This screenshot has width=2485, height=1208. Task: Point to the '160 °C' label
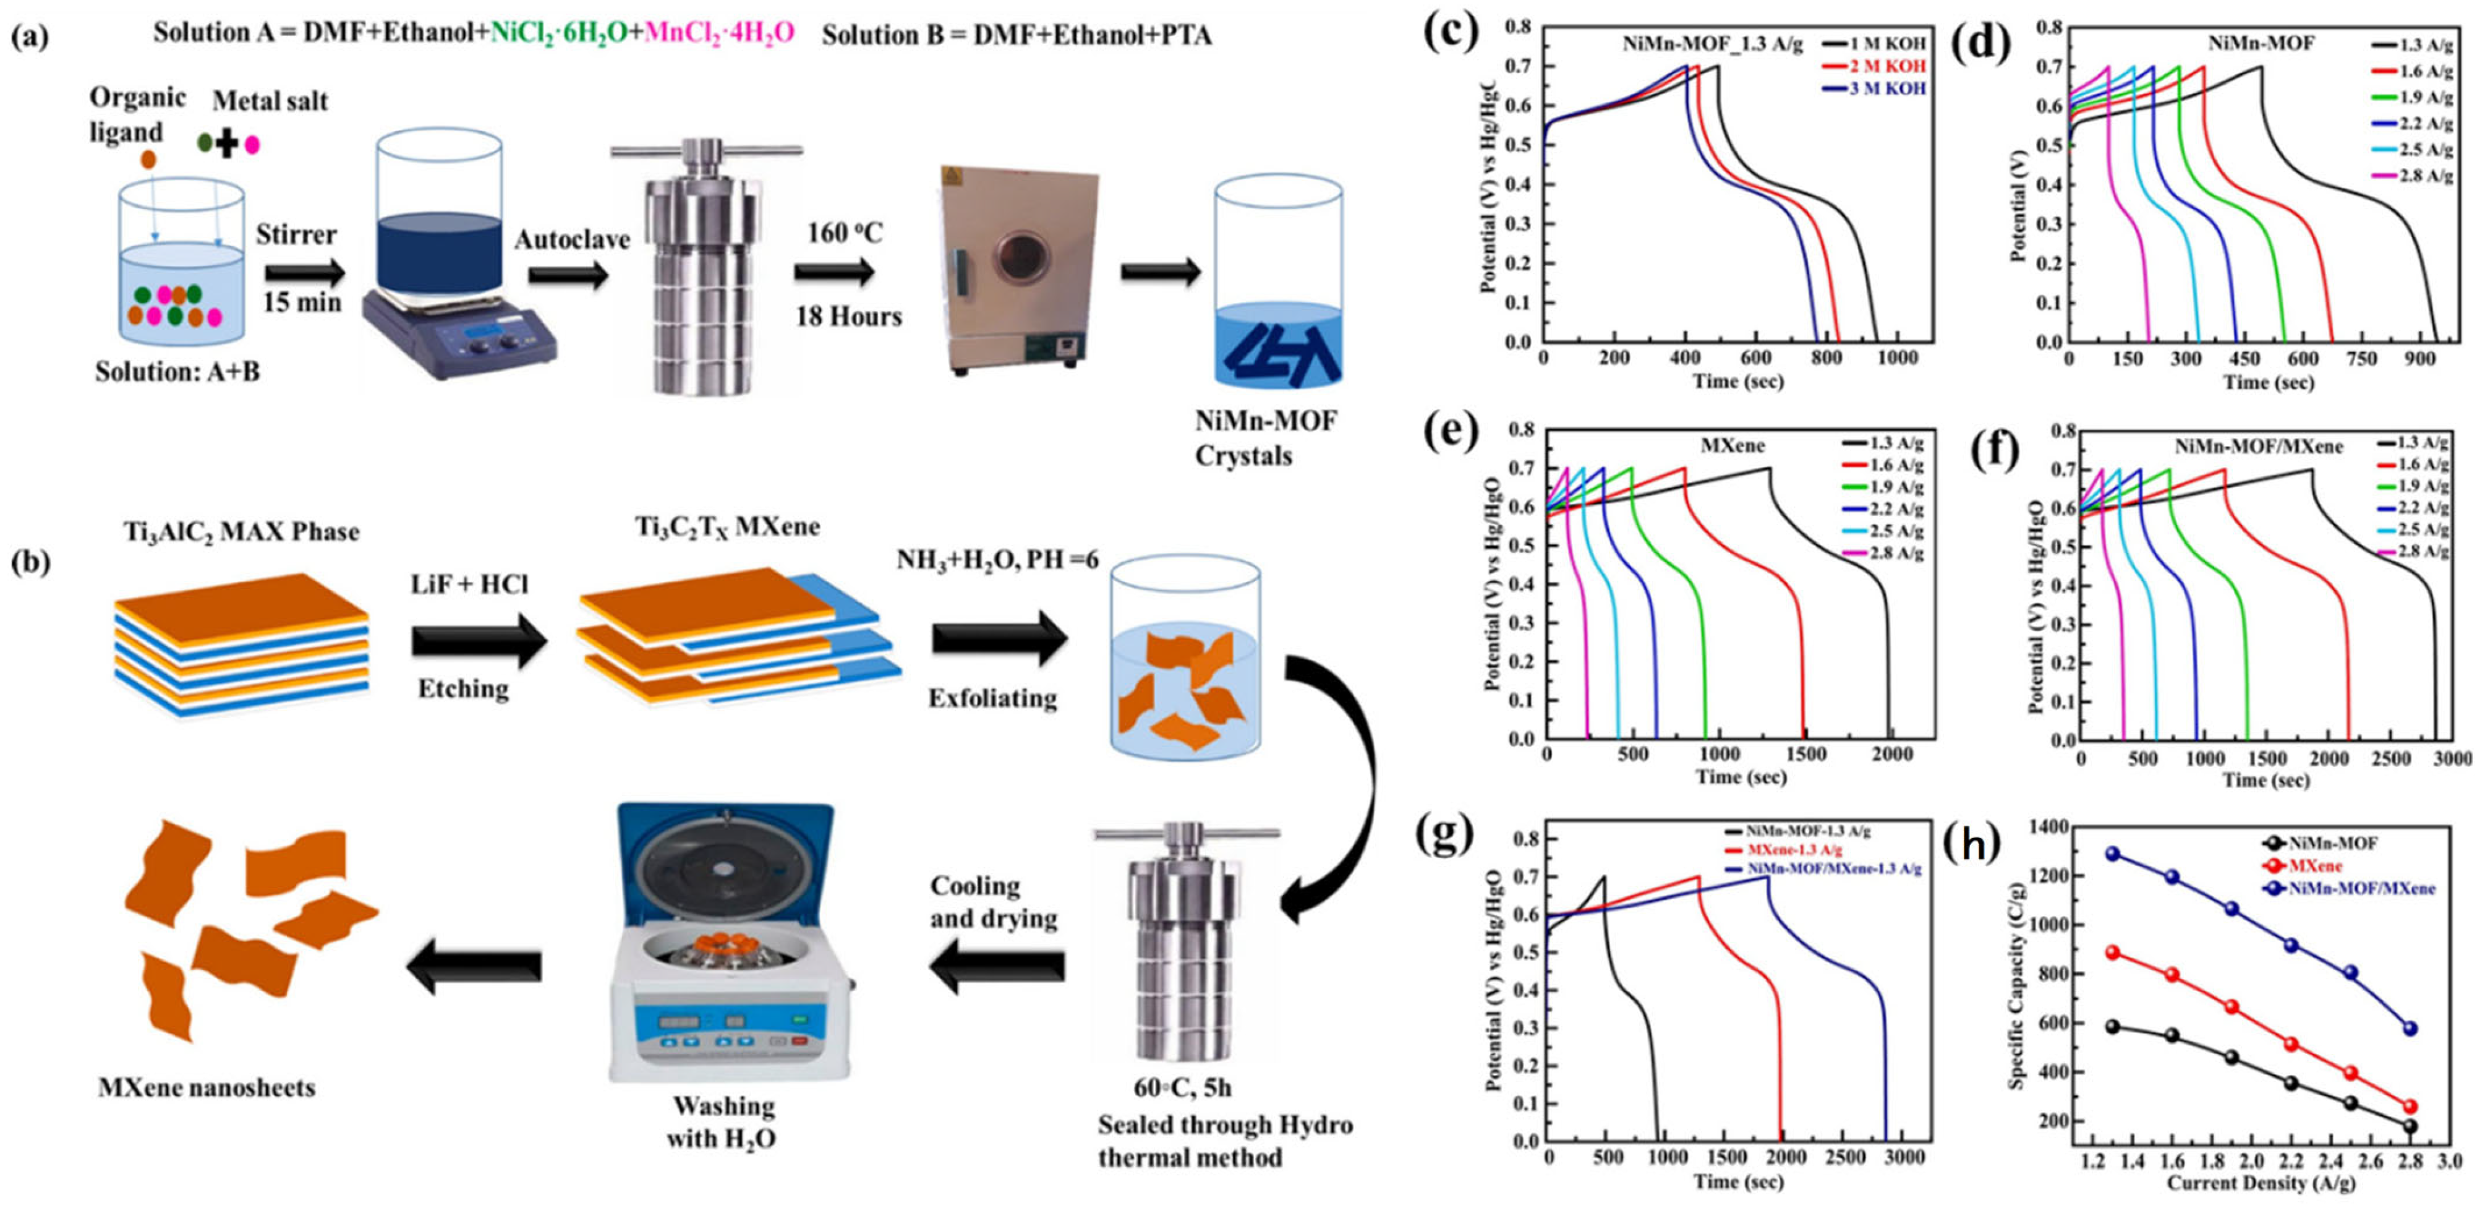[x=845, y=233]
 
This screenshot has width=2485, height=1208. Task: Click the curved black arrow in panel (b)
[x=1341, y=791]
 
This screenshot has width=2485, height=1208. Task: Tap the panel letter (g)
[x=1444, y=836]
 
